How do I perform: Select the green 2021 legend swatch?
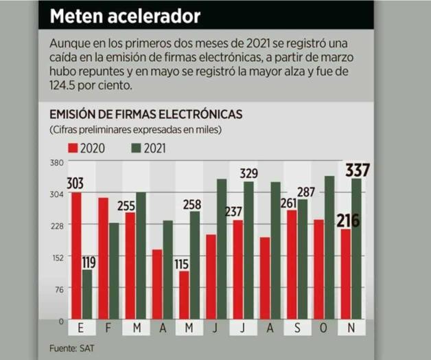point(135,148)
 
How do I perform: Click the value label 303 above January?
point(75,183)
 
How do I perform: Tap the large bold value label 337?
point(357,170)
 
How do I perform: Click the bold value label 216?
point(347,221)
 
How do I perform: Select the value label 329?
point(248,173)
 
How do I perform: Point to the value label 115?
point(182,263)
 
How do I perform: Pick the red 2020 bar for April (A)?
point(157,284)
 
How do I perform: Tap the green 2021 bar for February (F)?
point(113,271)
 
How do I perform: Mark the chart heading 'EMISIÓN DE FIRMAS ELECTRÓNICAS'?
point(145,114)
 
